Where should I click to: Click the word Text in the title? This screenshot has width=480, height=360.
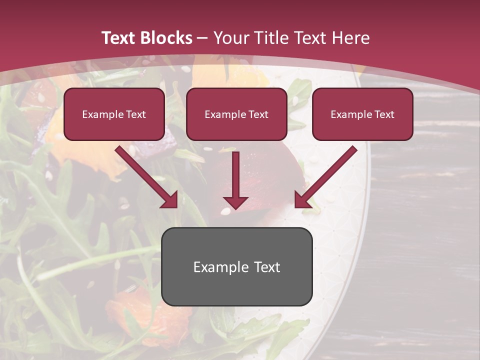click(118, 38)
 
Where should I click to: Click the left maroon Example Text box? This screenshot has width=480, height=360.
click(114, 114)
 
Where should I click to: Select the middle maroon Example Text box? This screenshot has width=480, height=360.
click(236, 114)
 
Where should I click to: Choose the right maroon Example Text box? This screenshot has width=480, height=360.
click(362, 114)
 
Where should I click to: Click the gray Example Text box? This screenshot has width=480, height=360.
click(236, 266)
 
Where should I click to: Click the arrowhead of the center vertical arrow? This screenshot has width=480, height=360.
click(235, 202)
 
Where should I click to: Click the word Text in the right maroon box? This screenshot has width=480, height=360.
click(384, 114)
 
